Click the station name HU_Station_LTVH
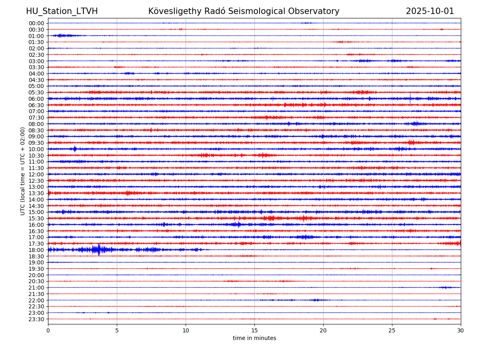(x=62, y=11)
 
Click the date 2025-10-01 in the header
(x=430, y=11)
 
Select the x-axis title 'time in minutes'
(x=254, y=338)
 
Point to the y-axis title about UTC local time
(x=23, y=171)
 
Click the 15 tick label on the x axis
(x=254, y=330)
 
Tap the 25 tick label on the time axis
(x=392, y=330)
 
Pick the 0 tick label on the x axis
(x=48, y=330)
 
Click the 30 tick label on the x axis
(x=461, y=330)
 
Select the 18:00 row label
(x=36, y=250)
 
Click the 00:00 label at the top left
(x=36, y=23)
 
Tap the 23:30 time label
(x=36, y=319)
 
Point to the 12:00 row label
(x=36, y=174)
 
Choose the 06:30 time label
(x=36, y=105)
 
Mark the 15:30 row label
(x=36, y=218)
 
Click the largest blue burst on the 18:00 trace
(x=98, y=250)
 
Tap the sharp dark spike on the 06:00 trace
(x=410, y=98)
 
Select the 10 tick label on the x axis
(x=186, y=330)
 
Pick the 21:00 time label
(x=36, y=288)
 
